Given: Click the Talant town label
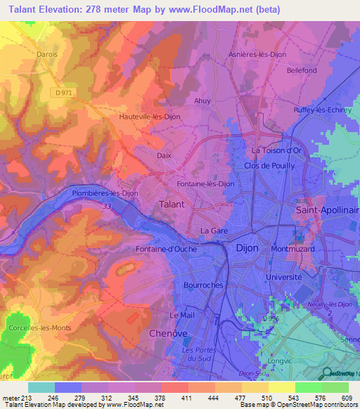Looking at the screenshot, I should [172, 204].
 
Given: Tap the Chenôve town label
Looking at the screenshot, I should [170, 333].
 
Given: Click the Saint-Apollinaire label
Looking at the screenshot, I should [326, 210].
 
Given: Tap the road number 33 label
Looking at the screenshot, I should [107, 206].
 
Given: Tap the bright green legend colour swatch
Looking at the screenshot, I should [308, 387].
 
